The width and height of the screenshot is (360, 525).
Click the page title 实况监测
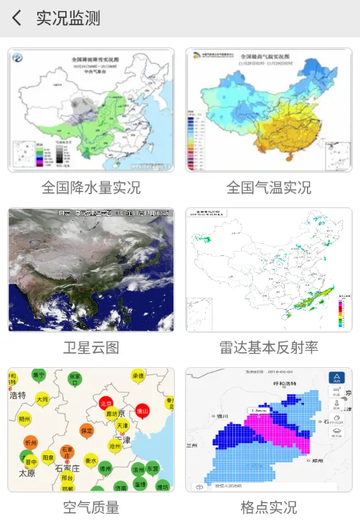pos(68,19)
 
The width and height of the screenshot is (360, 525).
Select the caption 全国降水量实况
pos(90,188)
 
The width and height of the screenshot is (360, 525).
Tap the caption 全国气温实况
pos(269,188)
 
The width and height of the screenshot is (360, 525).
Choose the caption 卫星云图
pos(90,348)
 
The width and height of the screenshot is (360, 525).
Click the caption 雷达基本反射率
pos(269,348)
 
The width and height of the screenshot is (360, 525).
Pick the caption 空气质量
pos(90,508)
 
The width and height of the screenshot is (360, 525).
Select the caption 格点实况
pos(269,508)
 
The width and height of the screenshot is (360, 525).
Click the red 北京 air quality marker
pos(106,404)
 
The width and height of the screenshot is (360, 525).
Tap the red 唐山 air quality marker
pos(143,411)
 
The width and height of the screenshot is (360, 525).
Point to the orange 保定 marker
pos(87,430)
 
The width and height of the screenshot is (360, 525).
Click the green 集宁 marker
pos(39,375)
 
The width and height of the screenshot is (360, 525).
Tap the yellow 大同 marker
pos(42,399)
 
